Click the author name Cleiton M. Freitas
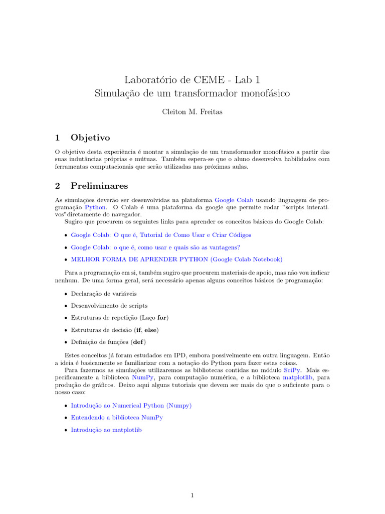[x=192, y=112]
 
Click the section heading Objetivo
[x=90, y=137]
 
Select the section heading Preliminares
[x=99, y=186]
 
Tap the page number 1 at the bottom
[x=192, y=496]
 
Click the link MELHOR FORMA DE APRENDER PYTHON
[x=176, y=260]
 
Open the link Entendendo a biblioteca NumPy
[x=117, y=417]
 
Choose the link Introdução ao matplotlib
[x=106, y=430]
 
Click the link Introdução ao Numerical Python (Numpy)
[x=131, y=405]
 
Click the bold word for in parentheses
[x=162, y=318]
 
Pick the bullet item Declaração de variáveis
[x=103, y=293]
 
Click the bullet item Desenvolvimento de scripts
[x=109, y=305]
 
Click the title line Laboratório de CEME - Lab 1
[x=192, y=79]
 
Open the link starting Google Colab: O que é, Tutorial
[x=161, y=234]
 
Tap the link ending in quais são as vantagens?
[x=155, y=247]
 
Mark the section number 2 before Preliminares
[x=58, y=186]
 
